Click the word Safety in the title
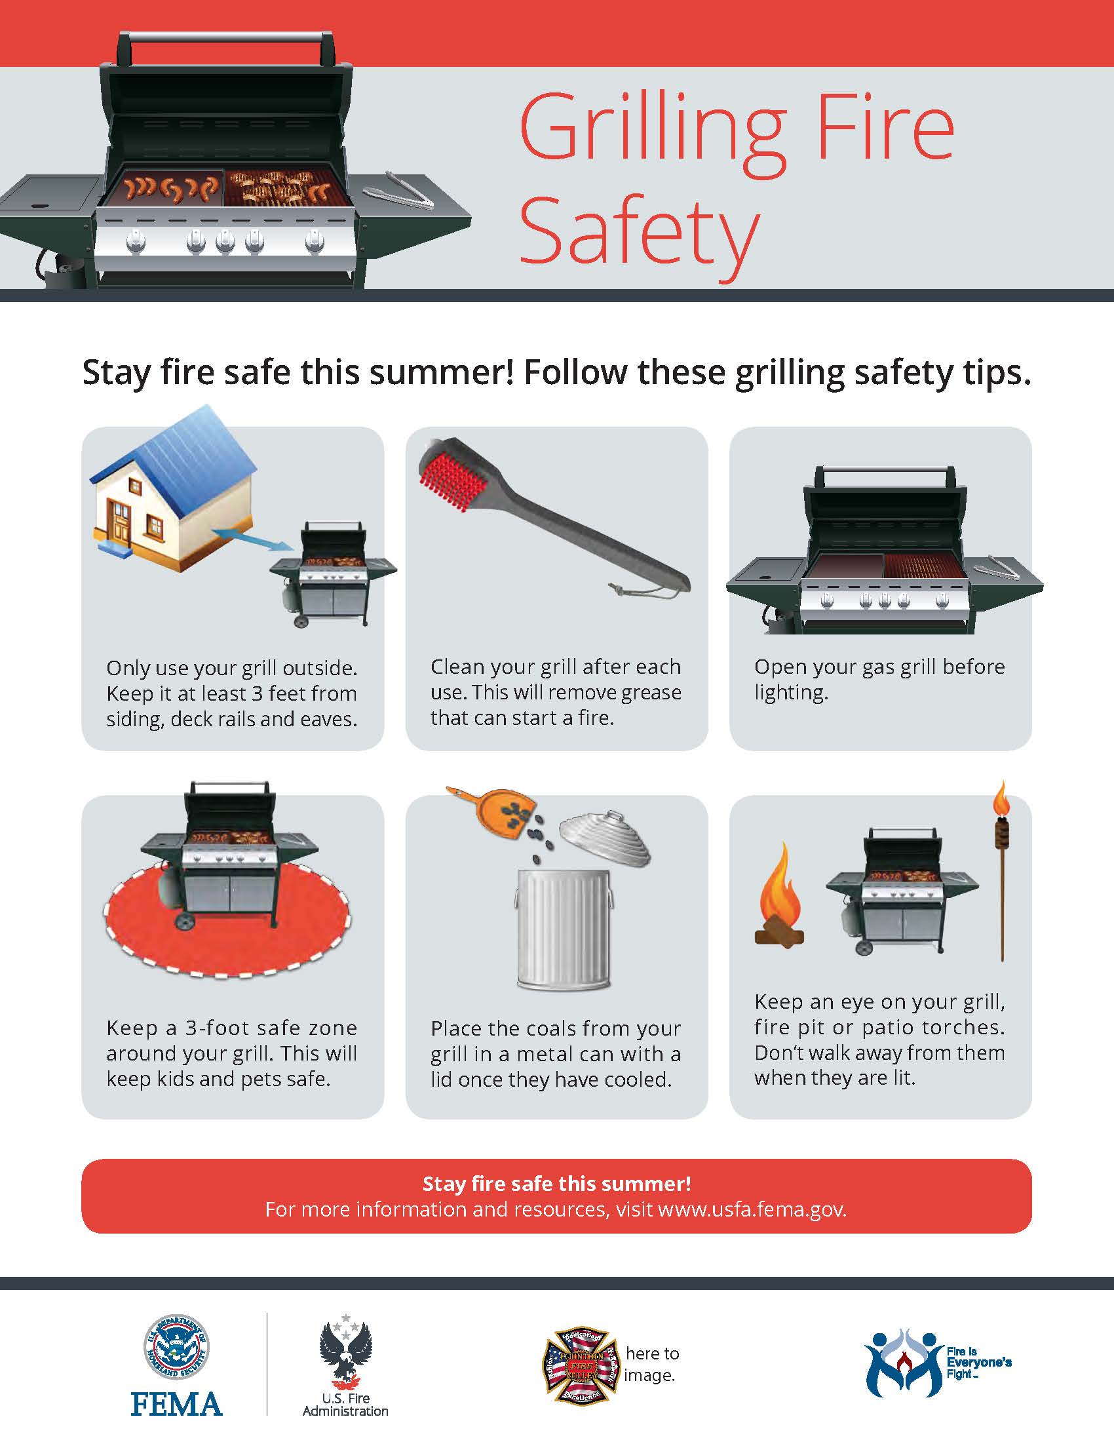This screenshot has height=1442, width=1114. [x=639, y=231]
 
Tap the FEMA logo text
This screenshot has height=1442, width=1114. [x=176, y=1404]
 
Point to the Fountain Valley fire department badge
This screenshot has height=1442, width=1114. [x=581, y=1364]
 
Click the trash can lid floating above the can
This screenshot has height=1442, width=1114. [x=605, y=838]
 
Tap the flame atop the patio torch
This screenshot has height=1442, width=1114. [x=1001, y=799]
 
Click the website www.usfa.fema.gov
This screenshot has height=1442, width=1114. [x=752, y=1209]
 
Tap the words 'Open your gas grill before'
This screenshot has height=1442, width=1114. [x=879, y=667]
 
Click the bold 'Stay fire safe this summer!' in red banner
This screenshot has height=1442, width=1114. [x=556, y=1183]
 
